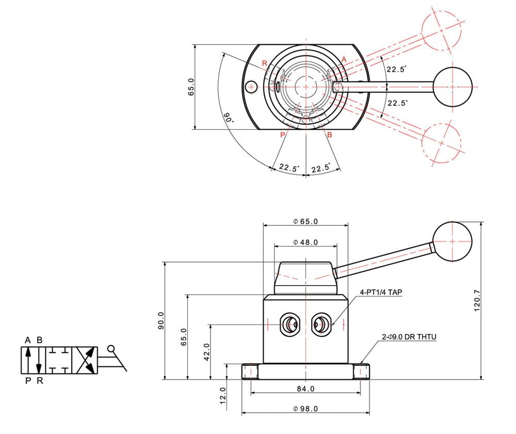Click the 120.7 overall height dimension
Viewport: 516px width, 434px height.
click(x=477, y=301)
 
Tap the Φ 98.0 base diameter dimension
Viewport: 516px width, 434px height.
click(x=305, y=409)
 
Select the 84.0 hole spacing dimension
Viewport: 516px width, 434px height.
click(x=305, y=389)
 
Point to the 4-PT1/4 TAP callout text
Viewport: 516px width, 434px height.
click(x=381, y=292)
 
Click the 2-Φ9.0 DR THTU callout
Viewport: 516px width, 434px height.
click(x=409, y=337)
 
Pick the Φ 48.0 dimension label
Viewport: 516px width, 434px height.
click(x=305, y=242)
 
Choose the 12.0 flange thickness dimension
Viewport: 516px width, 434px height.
click(x=223, y=395)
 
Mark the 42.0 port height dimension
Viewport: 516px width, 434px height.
click(x=207, y=352)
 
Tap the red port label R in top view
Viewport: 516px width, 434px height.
click(x=265, y=63)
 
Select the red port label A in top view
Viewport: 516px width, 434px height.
click(x=344, y=59)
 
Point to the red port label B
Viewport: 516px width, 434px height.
click(x=330, y=135)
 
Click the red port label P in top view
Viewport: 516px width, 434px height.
click(x=282, y=135)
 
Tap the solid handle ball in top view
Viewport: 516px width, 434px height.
click(x=453, y=87)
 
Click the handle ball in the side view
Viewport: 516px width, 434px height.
click(x=452, y=241)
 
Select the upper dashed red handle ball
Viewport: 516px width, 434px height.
click(x=441, y=30)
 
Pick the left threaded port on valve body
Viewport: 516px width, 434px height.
click(x=290, y=324)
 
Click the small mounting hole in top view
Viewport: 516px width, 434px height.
click(x=251, y=87)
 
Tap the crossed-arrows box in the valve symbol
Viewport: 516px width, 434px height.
click(x=85, y=360)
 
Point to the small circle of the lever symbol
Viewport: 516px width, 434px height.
click(x=111, y=348)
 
